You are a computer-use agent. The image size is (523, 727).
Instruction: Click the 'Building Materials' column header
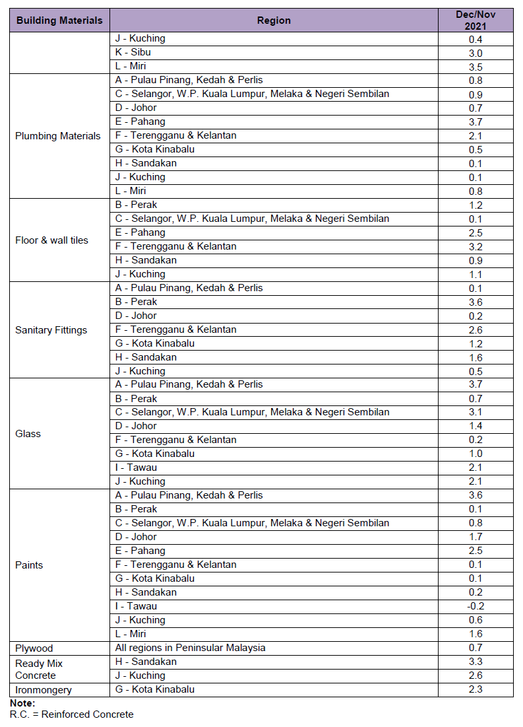[x=59, y=20]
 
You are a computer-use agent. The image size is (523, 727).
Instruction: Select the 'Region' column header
[x=274, y=20]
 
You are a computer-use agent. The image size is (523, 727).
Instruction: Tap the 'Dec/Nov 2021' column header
[x=475, y=20]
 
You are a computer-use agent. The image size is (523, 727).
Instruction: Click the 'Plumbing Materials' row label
[x=58, y=136]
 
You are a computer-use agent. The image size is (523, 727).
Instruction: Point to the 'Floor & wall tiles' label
[x=51, y=240]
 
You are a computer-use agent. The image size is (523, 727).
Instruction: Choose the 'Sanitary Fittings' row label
[x=51, y=330]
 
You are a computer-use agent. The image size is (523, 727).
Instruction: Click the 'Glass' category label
[x=28, y=434]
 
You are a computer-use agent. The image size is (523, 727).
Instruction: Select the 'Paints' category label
[x=29, y=565]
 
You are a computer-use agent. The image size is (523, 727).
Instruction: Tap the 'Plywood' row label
[x=34, y=648]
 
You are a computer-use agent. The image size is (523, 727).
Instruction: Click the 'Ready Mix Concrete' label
[x=39, y=669]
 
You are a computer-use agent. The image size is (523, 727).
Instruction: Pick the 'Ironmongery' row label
[x=44, y=690]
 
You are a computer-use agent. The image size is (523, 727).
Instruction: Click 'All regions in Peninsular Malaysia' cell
[x=190, y=648]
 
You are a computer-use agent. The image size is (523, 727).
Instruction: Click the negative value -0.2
[x=475, y=607]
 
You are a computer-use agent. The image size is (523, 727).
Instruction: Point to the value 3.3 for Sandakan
[x=475, y=662]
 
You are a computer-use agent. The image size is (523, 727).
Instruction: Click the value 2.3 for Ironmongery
[x=475, y=690]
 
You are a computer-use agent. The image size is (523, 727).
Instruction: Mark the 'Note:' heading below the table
[x=22, y=704]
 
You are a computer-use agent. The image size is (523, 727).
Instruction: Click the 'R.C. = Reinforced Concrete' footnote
[x=71, y=714]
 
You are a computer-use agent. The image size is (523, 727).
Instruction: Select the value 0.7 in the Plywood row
[x=475, y=648]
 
